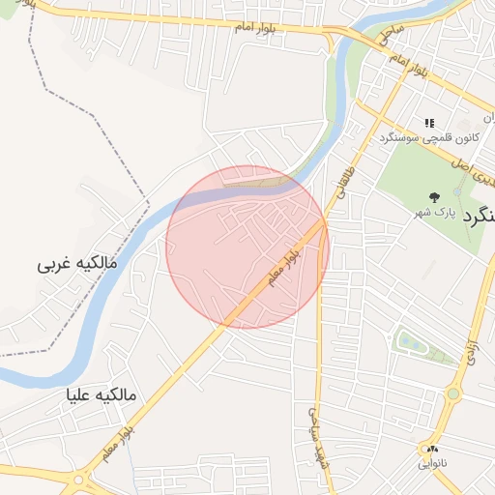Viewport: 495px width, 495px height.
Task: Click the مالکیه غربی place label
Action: pos(76,263)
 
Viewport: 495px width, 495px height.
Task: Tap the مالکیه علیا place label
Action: pos(102,395)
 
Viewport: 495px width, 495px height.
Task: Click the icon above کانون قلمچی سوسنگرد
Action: pos(430,123)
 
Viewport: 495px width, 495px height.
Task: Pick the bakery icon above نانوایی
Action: pos(431,449)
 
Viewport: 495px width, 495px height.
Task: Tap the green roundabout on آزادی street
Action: pos(451,393)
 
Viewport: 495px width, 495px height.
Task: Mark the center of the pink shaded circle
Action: pos(247,247)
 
